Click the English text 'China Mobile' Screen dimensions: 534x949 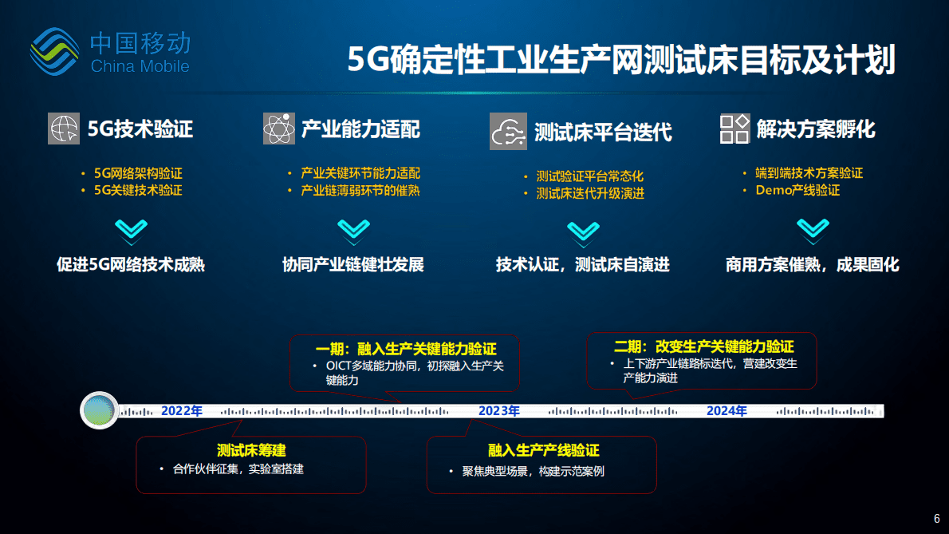pos(140,66)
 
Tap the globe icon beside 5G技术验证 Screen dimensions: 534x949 pos(64,129)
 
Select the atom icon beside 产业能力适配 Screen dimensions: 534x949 pos(279,129)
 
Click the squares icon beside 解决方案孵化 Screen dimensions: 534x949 pos(734,129)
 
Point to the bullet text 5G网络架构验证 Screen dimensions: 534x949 pos(138,173)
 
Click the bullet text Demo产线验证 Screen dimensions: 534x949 pos(797,190)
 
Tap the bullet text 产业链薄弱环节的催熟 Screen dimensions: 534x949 pos(360,191)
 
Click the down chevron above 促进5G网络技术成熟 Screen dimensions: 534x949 pos(128,231)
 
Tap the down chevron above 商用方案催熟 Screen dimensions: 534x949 pos(813,231)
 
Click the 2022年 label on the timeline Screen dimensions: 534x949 pos(182,411)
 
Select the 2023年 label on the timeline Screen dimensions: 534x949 pos(499,411)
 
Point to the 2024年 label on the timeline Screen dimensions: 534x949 pos(727,411)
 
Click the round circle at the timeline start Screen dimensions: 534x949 pos(100,411)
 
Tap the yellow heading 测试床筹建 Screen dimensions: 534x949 pos(251,450)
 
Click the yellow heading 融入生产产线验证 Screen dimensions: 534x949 pos(543,451)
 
